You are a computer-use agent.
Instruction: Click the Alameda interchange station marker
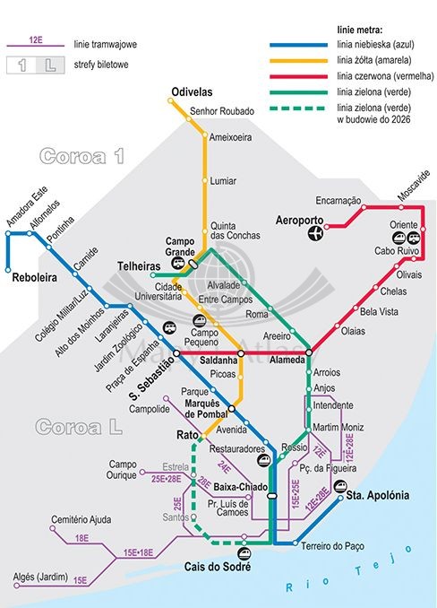pos(308,352)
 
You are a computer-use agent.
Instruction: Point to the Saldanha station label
pos(218,360)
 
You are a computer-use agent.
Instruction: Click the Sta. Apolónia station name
pos(377,495)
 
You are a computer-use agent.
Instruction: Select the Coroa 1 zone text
pos(81,155)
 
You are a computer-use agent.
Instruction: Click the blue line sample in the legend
pos(299,43)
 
